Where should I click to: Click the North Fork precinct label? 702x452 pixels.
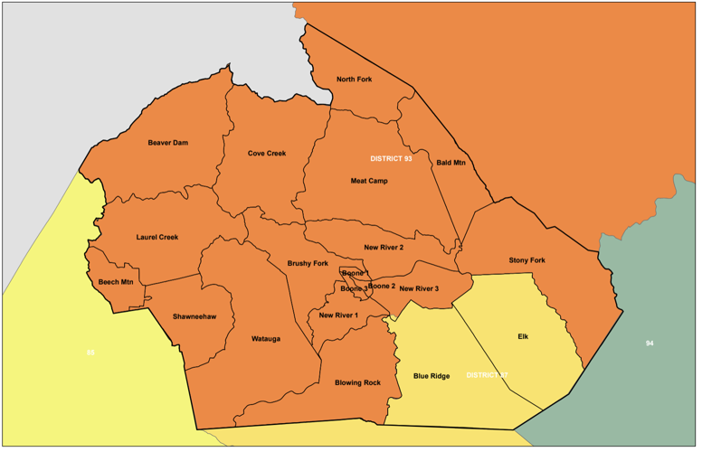[354, 80]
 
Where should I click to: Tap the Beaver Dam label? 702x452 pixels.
[167, 143]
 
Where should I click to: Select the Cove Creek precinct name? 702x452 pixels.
[267, 154]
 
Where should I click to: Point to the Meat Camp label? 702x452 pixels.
[369, 181]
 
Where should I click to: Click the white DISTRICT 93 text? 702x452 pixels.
[391, 158]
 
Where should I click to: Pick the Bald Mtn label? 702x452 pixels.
[451, 163]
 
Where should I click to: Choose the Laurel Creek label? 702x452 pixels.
[157, 238]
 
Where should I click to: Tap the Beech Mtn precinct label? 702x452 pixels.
[116, 282]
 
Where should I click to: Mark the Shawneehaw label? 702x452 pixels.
[194, 317]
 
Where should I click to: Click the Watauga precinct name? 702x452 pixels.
[266, 339]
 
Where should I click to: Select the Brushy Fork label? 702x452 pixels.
[308, 263]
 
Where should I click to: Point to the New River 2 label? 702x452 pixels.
[384, 247]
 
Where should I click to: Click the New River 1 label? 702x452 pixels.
[339, 315]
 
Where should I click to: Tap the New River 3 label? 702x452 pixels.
[419, 288]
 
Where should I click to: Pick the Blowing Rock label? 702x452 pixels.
[357, 382]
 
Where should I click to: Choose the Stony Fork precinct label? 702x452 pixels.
[526, 260]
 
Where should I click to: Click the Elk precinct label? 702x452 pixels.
[523, 336]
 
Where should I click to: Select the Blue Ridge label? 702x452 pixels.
[432, 376]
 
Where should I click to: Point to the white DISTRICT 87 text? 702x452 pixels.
[488, 374]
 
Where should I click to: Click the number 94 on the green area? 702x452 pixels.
[650, 344]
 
